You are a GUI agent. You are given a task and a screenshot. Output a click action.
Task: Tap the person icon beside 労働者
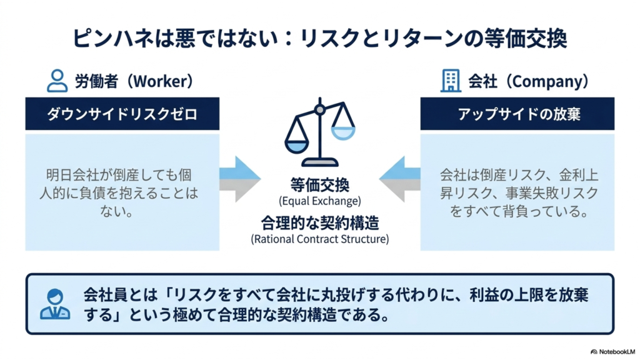click(x=57, y=81)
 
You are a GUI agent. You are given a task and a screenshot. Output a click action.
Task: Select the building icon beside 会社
click(x=451, y=81)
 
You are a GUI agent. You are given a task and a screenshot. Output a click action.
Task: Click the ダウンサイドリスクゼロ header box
click(x=122, y=114)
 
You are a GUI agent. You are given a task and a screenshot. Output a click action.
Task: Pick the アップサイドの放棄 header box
click(x=517, y=114)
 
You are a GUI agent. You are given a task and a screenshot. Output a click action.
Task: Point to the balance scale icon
click(x=320, y=132)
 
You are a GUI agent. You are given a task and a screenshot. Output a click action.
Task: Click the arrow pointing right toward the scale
click(x=240, y=179)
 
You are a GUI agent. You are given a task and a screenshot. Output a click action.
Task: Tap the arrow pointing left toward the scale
click(x=399, y=179)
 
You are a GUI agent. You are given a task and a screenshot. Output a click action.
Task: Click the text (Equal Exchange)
click(x=320, y=201)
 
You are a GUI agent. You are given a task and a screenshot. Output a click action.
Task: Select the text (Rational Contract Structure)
click(x=320, y=239)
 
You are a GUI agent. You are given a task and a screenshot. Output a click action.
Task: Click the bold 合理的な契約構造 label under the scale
click(x=320, y=223)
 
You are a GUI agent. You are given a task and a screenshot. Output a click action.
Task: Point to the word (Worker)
click(x=161, y=81)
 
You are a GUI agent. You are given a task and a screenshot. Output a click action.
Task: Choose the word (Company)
click(x=546, y=81)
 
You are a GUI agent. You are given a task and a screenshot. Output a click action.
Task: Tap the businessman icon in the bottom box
click(x=55, y=304)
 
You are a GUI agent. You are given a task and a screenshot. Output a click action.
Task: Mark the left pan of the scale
click(x=297, y=146)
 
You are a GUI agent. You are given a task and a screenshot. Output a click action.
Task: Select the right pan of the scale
click(x=343, y=133)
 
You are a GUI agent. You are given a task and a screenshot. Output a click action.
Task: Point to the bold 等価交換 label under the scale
click(x=320, y=185)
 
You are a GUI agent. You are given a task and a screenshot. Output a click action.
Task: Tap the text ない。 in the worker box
click(x=117, y=211)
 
